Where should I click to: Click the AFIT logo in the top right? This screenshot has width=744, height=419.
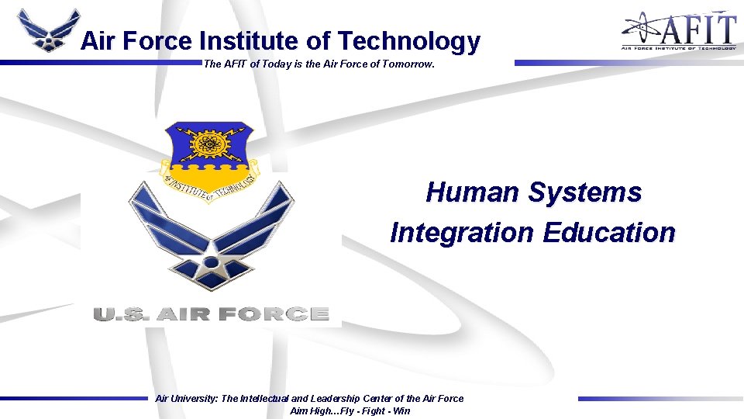678,30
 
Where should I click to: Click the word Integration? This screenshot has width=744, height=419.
462,232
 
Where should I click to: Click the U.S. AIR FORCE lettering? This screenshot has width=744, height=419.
211,314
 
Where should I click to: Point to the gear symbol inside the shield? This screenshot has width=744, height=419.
208,144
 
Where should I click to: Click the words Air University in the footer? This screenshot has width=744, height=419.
186,399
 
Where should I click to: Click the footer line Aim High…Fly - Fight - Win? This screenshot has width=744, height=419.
350,411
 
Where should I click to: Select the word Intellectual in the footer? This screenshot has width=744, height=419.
270,399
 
